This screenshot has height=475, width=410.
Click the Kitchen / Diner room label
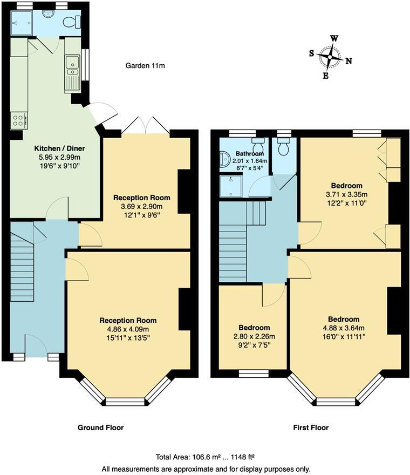coord(59,148)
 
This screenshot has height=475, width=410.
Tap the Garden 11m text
coord(145,66)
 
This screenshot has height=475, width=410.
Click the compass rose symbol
coord(330,56)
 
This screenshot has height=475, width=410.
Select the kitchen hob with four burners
coord(18,120)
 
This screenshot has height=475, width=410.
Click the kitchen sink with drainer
coord(72,73)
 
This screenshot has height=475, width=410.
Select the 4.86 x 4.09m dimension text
coord(127,329)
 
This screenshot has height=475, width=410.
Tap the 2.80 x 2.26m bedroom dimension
coord(254,337)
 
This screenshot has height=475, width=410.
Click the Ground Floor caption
coord(101,427)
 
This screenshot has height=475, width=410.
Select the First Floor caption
coord(311,427)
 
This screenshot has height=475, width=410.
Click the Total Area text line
coord(205,457)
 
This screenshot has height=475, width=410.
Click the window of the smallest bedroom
coord(254,372)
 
